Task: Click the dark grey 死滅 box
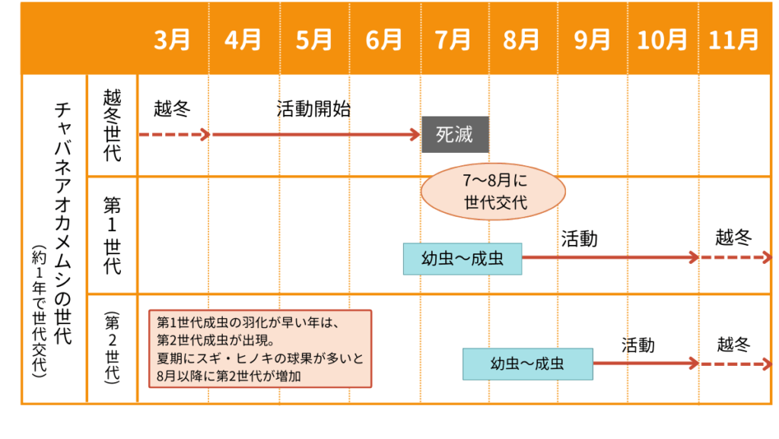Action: point(455,135)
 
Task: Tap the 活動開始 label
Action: point(313,108)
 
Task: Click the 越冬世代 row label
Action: point(112,126)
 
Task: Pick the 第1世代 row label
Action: point(112,235)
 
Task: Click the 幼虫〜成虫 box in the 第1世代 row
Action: point(463,259)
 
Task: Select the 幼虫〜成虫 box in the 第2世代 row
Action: point(527,364)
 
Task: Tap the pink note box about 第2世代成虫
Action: point(259,348)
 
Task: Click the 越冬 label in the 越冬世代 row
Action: point(171,108)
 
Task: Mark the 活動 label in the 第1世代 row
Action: point(580,239)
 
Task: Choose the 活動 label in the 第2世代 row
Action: point(638,345)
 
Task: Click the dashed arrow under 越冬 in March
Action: point(173,135)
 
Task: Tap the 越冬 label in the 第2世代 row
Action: point(733,345)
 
